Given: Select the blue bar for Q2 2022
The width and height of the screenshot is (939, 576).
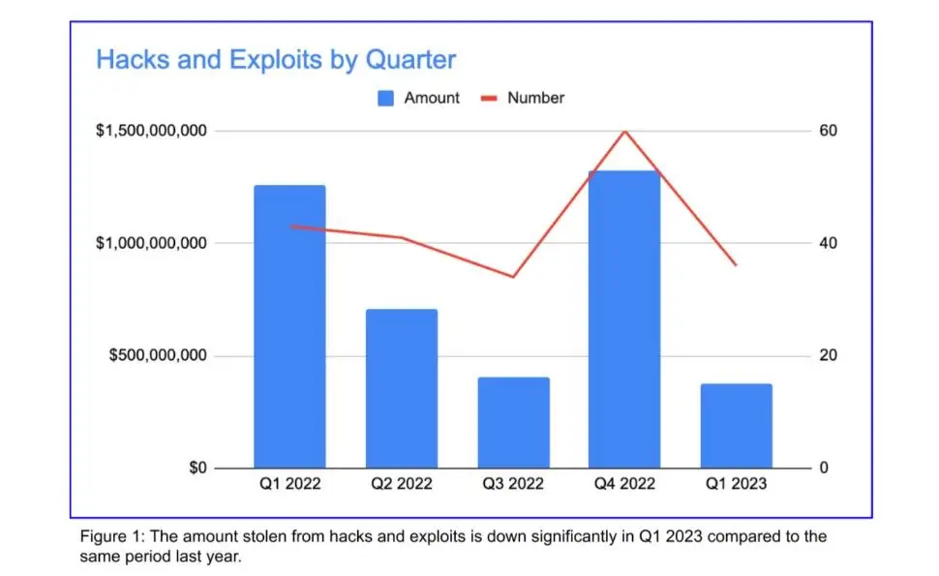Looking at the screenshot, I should pyautogui.click(x=402, y=388).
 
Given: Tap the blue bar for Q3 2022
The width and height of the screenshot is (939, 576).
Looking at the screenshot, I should pyautogui.click(x=513, y=422).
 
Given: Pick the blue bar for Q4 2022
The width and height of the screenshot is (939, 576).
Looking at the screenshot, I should pyautogui.click(x=624, y=319).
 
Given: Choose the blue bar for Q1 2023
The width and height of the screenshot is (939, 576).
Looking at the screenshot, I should pyautogui.click(x=737, y=426).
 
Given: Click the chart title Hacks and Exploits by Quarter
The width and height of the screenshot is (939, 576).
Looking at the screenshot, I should pyautogui.click(x=276, y=60).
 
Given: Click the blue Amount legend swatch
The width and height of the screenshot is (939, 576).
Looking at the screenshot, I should pyautogui.click(x=385, y=98).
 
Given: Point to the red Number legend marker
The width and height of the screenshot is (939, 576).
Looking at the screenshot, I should pyautogui.click(x=489, y=98).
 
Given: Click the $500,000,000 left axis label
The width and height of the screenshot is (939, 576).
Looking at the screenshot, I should pyautogui.click(x=158, y=355).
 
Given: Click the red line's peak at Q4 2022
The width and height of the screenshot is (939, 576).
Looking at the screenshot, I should pyautogui.click(x=625, y=131).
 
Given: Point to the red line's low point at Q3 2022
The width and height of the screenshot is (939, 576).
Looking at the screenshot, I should pyautogui.click(x=513, y=277).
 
